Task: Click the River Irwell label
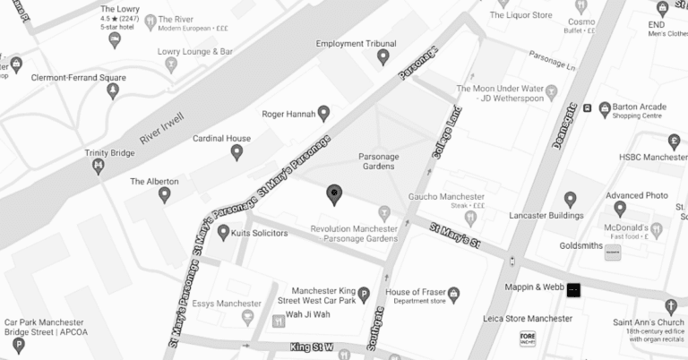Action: [162, 128]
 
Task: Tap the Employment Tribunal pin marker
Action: [383, 57]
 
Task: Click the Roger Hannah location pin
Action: [323, 114]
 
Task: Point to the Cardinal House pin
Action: [237, 152]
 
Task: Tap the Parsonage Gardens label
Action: [379, 162]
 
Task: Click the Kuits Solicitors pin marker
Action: [223, 233]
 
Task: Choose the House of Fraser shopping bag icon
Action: [453, 293]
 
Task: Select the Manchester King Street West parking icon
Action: [364, 295]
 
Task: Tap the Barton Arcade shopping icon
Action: [606, 108]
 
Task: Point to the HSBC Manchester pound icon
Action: [675, 141]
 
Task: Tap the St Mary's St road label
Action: [454, 236]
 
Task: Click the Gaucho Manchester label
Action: [446, 196]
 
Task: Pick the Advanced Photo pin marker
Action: [571, 200]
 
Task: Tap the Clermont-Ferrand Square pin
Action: [113, 90]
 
